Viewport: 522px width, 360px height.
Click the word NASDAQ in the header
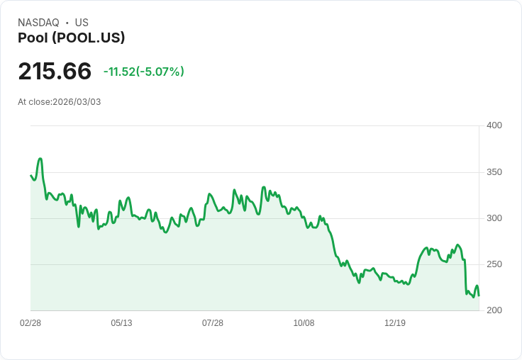(x=38, y=23)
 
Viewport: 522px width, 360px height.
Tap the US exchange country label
(x=82, y=23)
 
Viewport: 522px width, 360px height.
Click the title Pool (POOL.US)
(x=71, y=38)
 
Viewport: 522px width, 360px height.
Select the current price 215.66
(x=55, y=72)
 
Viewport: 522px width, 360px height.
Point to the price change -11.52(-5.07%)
(x=143, y=72)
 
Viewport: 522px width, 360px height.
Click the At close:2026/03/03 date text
(x=60, y=102)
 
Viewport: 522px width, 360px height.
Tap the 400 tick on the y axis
(x=494, y=125)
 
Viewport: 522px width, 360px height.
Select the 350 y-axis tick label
(x=494, y=172)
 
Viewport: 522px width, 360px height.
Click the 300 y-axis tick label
(x=494, y=218)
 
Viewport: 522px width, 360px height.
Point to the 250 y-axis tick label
(x=494, y=264)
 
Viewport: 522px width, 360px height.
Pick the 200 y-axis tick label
(x=494, y=310)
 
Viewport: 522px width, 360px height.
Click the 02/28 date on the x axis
(x=30, y=323)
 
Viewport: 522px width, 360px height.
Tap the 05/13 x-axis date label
(x=121, y=323)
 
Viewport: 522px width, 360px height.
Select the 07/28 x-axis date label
(x=213, y=323)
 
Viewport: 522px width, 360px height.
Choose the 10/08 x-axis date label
(x=304, y=323)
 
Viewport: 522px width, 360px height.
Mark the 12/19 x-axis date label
(x=395, y=323)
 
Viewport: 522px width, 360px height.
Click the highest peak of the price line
(x=40, y=159)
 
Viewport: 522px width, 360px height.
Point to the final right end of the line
(x=479, y=296)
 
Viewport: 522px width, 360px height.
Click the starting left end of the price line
(x=30, y=175)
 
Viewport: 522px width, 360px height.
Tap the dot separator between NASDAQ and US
(x=67, y=23)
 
